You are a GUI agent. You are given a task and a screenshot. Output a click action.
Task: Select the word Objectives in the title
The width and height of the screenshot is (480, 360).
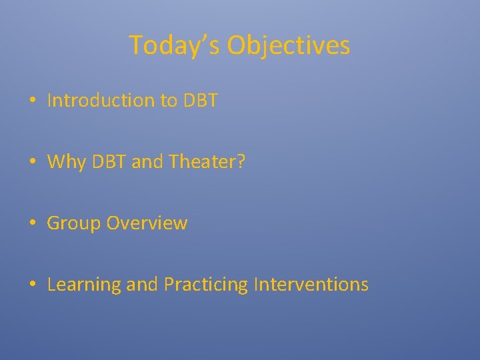tap(288, 45)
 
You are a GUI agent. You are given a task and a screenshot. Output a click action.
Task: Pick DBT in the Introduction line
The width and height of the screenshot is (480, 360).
tap(200, 101)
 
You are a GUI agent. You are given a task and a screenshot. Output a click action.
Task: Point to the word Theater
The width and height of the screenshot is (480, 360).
tap(202, 162)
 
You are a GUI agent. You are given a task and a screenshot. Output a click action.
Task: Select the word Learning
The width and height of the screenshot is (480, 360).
tap(84, 285)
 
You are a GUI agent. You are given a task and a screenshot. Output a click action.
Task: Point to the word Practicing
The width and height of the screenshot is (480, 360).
tap(206, 285)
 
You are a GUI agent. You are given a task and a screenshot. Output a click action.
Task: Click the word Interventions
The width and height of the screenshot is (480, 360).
tap(311, 285)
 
